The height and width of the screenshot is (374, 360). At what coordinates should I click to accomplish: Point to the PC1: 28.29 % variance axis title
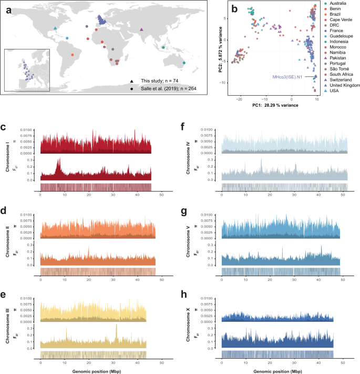click(275, 106)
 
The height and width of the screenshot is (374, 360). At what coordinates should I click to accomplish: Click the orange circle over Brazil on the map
click(72, 54)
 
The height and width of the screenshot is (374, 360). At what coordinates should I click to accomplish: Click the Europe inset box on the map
click(27, 70)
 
